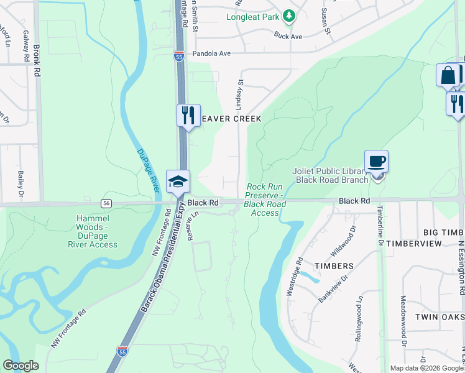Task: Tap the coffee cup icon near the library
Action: point(376,162)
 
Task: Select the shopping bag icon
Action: point(448,76)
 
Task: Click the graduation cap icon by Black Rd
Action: point(178,182)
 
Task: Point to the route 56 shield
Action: point(107,203)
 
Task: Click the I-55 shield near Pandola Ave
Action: point(179,56)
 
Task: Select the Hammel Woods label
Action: point(93,231)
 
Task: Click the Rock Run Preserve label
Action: point(266,200)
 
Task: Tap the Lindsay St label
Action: point(239,94)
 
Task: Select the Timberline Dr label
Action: point(379,226)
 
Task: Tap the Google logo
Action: point(21,366)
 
